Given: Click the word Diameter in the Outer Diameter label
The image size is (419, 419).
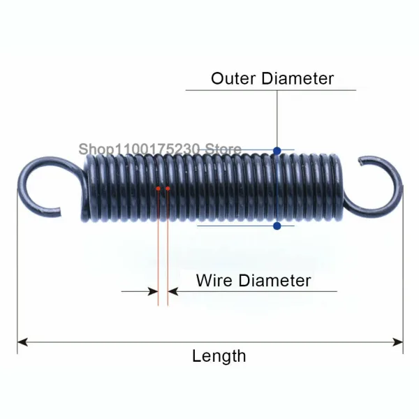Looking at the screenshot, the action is click(297, 78).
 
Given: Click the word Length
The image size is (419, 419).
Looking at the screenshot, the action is click(219, 357).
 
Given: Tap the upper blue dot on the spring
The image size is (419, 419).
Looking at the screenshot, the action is click(277, 151).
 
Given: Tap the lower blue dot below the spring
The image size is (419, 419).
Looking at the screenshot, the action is click(277, 226).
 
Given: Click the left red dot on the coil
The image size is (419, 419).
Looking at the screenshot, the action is click(159, 189).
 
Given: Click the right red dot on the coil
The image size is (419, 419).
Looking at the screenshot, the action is click(168, 189).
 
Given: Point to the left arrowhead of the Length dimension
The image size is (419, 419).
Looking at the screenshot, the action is click(22, 342).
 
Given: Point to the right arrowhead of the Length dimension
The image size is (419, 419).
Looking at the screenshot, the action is click(398, 342).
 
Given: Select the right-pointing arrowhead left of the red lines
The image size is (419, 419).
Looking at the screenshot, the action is click(153, 291).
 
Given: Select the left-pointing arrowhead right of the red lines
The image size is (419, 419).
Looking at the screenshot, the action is click(173, 291).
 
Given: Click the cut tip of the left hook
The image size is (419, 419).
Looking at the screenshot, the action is click(59, 212).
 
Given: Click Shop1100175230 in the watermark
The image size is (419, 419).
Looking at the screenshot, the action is click(139, 149).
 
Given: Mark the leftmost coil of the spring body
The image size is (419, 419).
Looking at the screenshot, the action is click(86, 187).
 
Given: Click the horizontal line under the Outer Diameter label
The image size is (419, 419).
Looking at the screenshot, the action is click(271, 90).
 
